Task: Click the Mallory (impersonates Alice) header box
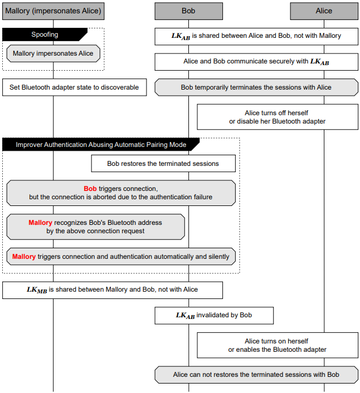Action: click(53, 11)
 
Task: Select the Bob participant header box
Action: click(189, 11)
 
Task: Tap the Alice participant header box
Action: click(324, 11)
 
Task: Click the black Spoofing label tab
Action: click(45, 35)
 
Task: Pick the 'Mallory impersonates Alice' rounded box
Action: click(53, 53)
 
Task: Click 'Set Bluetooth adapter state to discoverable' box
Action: click(75, 87)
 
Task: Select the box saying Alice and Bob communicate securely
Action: click(256, 62)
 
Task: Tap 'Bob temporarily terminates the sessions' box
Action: click(256, 87)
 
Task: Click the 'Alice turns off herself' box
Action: click(278, 117)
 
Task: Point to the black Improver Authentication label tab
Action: click(101, 145)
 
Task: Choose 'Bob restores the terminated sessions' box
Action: click(163, 164)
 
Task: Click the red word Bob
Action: click(90, 189)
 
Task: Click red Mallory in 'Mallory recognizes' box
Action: click(40, 223)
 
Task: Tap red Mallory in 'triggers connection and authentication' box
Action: click(24, 257)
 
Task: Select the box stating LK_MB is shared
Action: click(113, 290)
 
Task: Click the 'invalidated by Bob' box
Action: click(214, 316)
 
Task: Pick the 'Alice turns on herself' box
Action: click(278, 345)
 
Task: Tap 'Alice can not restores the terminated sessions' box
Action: click(256, 375)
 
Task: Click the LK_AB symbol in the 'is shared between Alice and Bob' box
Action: click(181, 36)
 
